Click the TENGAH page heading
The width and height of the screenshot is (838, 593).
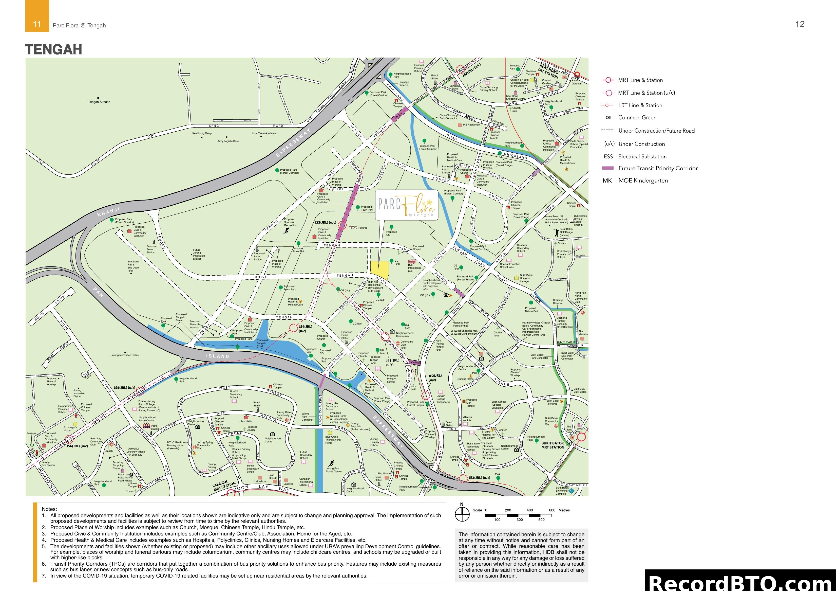54,50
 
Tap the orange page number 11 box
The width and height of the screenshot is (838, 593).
37,24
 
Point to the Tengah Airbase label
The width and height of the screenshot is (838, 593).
99,102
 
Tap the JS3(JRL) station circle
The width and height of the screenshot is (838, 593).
342,225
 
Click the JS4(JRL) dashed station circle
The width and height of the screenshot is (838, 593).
293,328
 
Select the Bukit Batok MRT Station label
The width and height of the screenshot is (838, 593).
553,445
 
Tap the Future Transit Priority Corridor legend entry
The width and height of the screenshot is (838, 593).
658,168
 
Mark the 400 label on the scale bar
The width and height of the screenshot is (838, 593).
530,510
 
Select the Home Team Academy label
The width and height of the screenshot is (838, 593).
263,133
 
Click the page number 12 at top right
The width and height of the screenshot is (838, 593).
800,24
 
